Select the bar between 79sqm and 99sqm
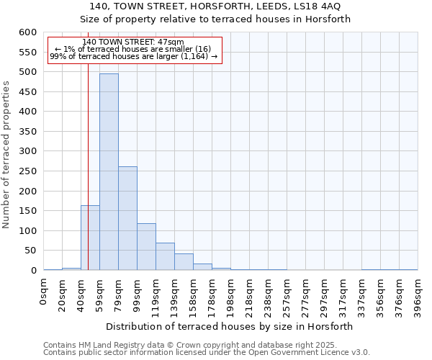coord(127,219)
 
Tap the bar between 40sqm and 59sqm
coord(90,238)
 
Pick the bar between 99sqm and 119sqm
coord(146,247)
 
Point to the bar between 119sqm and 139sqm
coord(165,257)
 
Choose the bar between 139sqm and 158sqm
coord(184,262)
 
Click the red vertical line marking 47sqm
coord(88,180)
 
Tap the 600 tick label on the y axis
coord(27,32)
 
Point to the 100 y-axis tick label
coord(27,231)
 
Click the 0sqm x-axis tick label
coord(44,292)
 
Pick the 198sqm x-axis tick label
coord(230,295)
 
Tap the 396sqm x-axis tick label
coord(418,295)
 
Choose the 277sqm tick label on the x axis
coord(305,295)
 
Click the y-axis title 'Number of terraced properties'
coord(6,154)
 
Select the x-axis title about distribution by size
coord(230,326)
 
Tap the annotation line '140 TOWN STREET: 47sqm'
coord(133,42)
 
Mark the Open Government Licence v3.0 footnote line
coord(207,353)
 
